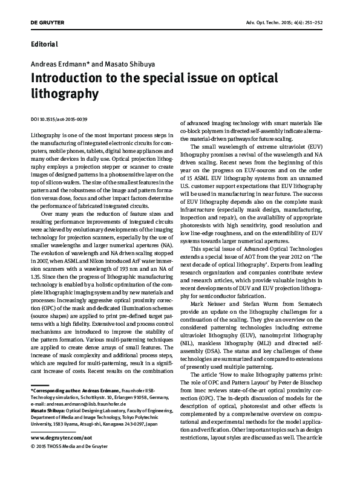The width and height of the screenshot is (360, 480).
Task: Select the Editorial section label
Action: click(44, 45)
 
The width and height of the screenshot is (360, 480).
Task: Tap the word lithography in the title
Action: click(64, 94)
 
